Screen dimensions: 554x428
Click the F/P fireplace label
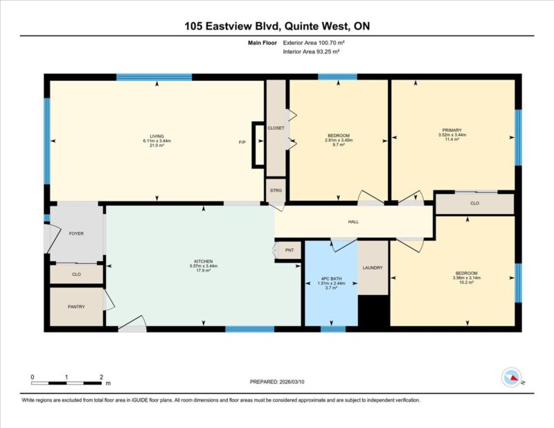coord(242,143)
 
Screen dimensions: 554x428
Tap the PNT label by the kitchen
coord(289,250)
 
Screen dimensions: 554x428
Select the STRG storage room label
coord(276,190)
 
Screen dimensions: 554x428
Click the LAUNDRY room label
coord(373,268)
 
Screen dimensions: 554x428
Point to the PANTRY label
coord(76,307)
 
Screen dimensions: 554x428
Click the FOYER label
coord(76,233)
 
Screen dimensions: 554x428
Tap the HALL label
coord(353,222)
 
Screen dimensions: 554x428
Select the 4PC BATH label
coord(332,279)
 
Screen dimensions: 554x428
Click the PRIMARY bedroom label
coord(452,130)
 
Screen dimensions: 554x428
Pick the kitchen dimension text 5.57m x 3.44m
coord(204,266)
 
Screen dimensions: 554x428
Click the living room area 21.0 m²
coord(157,145)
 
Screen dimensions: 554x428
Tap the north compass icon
coord(512,377)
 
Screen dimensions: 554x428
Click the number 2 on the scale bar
coord(101,377)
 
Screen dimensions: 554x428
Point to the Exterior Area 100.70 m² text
coord(314,43)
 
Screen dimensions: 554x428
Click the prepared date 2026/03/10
coord(292,382)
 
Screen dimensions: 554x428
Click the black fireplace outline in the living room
coord(253,145)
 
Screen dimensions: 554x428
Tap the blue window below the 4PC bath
coord(333,329)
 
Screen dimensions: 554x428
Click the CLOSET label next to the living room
coord(276,128)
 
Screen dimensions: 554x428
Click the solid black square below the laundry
coord(374,311)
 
